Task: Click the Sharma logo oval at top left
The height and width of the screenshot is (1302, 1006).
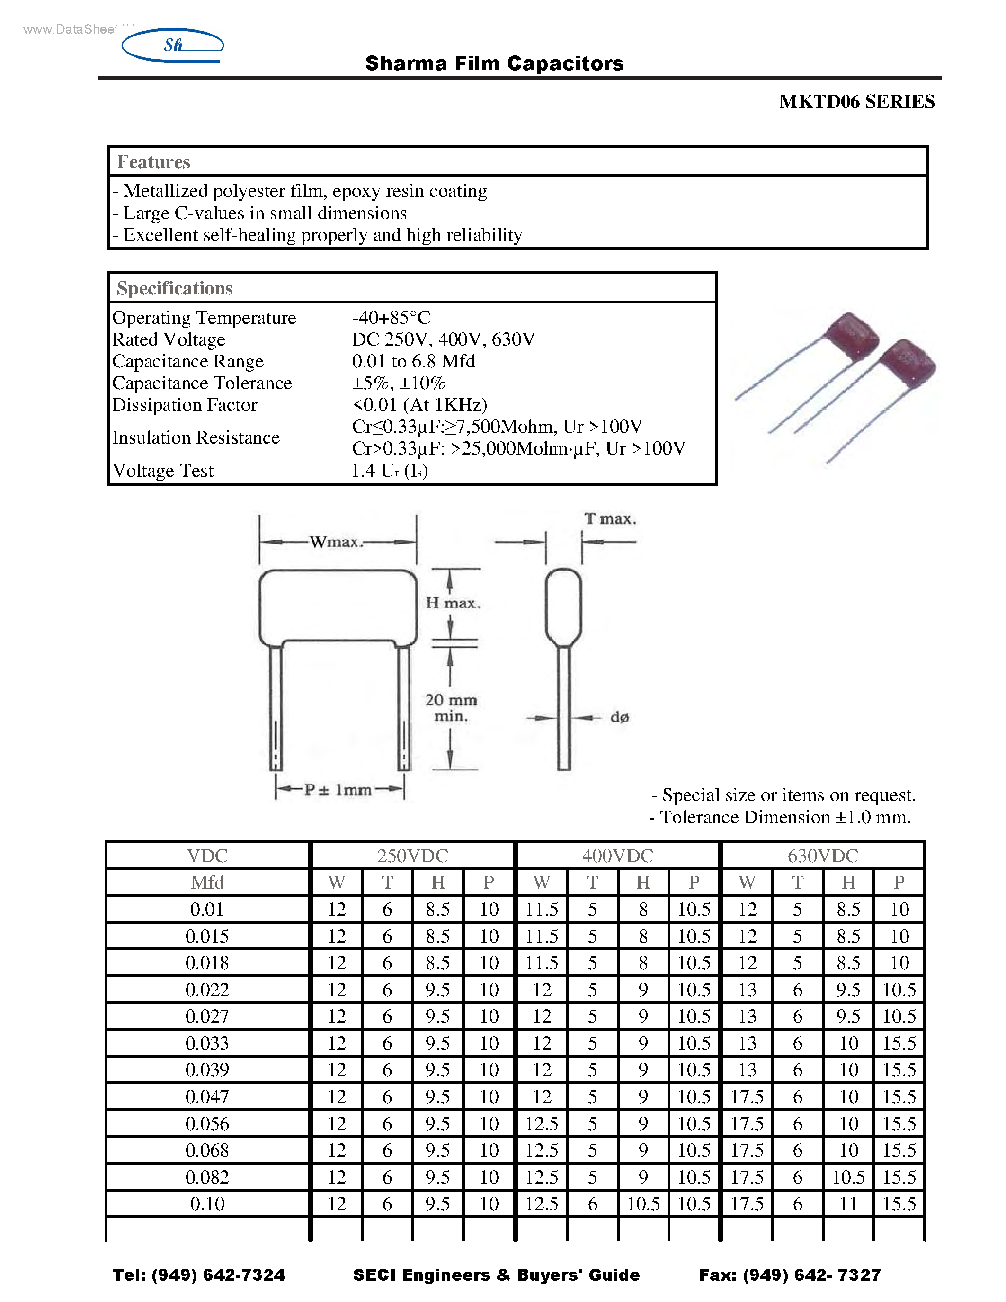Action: point(172,45)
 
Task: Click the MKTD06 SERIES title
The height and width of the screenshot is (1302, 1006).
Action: point(856,102)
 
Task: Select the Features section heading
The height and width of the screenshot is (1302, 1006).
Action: point(153,161)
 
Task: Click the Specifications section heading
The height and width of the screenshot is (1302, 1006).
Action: point(175,288)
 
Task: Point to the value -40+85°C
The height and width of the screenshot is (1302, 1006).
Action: point(391,317)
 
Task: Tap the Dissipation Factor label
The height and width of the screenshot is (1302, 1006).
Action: point(185,405)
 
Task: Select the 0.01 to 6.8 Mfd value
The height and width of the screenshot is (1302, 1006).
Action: point(414,361)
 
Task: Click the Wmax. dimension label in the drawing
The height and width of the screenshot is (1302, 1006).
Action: point(336,542)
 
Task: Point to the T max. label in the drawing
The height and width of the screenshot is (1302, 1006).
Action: point(609,518)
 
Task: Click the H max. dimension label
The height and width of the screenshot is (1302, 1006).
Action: point(452,603)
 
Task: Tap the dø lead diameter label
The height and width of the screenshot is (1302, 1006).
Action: point(619,717)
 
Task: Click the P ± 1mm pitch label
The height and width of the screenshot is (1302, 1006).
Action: point(338,790)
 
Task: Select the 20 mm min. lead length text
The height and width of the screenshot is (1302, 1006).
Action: point(451,708)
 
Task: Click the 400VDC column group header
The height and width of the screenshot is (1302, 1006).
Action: point(617,856)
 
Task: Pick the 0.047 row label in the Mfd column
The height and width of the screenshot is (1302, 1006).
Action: point(207,1097)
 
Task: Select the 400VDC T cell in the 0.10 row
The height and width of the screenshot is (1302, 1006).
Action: point(592,1204)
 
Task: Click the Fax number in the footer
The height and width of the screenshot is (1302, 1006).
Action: point(790,1275)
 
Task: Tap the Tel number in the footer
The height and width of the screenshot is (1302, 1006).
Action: point(198,1275)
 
